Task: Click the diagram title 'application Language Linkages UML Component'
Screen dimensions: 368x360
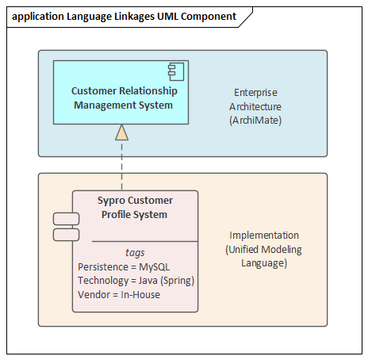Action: point(124,17)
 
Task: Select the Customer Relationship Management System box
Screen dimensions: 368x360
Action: point(121,92)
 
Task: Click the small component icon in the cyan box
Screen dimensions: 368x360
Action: point(176,71)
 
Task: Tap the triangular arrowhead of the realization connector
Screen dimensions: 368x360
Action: point(122,132)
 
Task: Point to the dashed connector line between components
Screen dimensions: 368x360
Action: point(122,165)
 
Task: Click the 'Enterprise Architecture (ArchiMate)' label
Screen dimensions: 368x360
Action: point(255,106)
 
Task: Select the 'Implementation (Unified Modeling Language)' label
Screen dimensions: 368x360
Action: point(263,249)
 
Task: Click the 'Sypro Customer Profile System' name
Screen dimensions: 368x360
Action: point(135,208)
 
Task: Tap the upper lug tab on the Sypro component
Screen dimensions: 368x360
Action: point(66,219)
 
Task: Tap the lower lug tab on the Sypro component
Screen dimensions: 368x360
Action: point(66,235)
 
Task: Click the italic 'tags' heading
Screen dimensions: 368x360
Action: point(135,253)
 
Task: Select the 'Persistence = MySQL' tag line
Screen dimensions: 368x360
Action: point(124,267)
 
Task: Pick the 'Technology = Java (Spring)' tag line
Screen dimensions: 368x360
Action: point(136,281)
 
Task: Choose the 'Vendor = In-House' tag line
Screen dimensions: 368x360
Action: point(119,295)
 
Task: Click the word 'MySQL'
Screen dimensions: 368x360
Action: point(155,267)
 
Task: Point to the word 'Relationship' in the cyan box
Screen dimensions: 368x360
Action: point(148,91)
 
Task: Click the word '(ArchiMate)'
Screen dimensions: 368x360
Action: point(255,121)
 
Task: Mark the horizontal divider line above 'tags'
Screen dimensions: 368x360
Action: point(145,241)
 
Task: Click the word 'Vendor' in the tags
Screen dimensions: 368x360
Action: point(94,295)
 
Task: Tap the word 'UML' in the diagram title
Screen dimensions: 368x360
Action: point(168,17)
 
